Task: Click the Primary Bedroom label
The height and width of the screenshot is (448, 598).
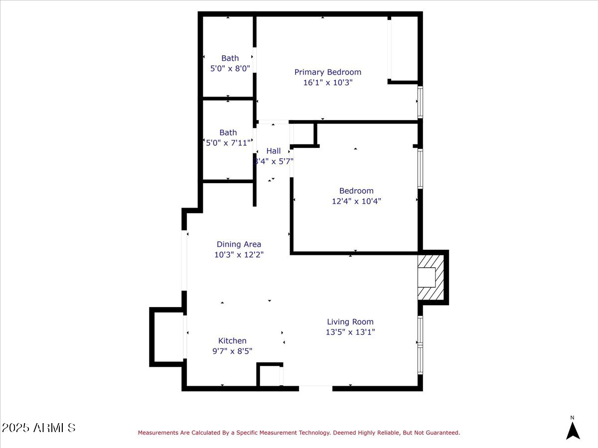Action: [x=327, y=72]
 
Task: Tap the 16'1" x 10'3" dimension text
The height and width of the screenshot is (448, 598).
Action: [x=327, y=83]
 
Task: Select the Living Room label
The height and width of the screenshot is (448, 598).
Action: [x=350, y=322]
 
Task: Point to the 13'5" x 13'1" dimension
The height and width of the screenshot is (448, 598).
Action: [x=350, y=332]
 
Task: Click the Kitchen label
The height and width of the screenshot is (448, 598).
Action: [x=232, y=341]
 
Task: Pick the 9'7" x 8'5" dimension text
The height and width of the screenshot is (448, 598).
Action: [x=232, y=351]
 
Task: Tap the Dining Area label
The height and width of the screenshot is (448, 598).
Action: [x=239, y=244]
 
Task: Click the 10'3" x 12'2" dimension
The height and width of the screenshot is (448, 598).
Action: [x=239, y=254]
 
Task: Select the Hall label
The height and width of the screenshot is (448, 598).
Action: [x=273, y=151]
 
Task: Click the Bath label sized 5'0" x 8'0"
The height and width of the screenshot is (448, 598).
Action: [x=230, y=58]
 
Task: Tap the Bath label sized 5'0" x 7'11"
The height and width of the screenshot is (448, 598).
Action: [x=228, y=133]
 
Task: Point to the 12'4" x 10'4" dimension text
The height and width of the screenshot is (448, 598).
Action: [x=356, y=201]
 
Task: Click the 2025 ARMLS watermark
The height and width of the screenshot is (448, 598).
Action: [x=38, y=428]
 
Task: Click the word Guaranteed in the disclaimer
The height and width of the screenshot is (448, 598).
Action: [x=440, y=433]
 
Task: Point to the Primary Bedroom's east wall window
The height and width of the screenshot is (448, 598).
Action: [x=420, y=102]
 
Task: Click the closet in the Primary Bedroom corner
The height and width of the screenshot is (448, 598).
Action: [x=404, y=48]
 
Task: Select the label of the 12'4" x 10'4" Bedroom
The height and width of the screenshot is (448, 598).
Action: [x=356, y=191]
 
